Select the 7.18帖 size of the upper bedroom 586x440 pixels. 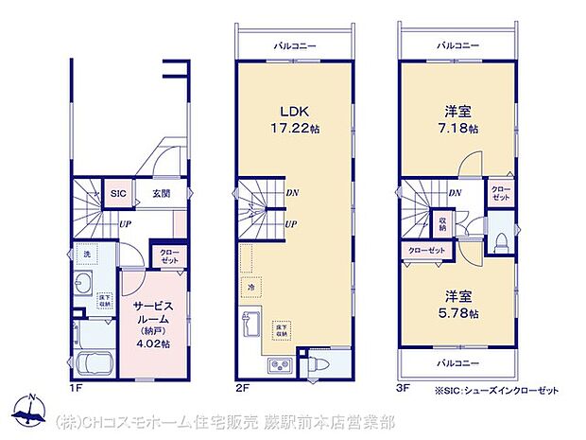459,128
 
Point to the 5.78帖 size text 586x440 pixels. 459,312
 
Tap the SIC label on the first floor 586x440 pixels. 117,193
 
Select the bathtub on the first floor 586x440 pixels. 94,364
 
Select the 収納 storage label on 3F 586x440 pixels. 442,225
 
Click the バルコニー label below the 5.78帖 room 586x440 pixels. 458,363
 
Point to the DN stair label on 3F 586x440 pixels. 456,194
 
